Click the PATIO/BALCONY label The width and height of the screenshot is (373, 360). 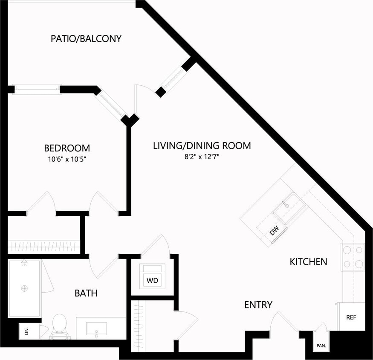[x=86, y=39]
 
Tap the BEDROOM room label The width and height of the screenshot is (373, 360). [x=67, y=148]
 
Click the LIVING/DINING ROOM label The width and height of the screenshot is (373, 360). [x=202, y=145]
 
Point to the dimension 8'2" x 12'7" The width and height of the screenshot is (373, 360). [x=202, y=157]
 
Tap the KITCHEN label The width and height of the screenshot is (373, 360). [x=308, y=261]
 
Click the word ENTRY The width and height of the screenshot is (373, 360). [x=258, y=305]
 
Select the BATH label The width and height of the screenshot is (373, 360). [x=86, y=293]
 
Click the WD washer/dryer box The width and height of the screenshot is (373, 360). [x=152, y=280]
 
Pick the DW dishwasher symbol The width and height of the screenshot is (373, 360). [x=275, y=232]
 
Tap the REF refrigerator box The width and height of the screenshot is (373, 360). [x=351, y=317]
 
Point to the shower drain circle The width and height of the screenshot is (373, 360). [x=25, y=289]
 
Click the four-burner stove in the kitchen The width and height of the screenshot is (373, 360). [x=353, y=257]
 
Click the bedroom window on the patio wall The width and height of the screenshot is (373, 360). [x=38, y=89]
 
